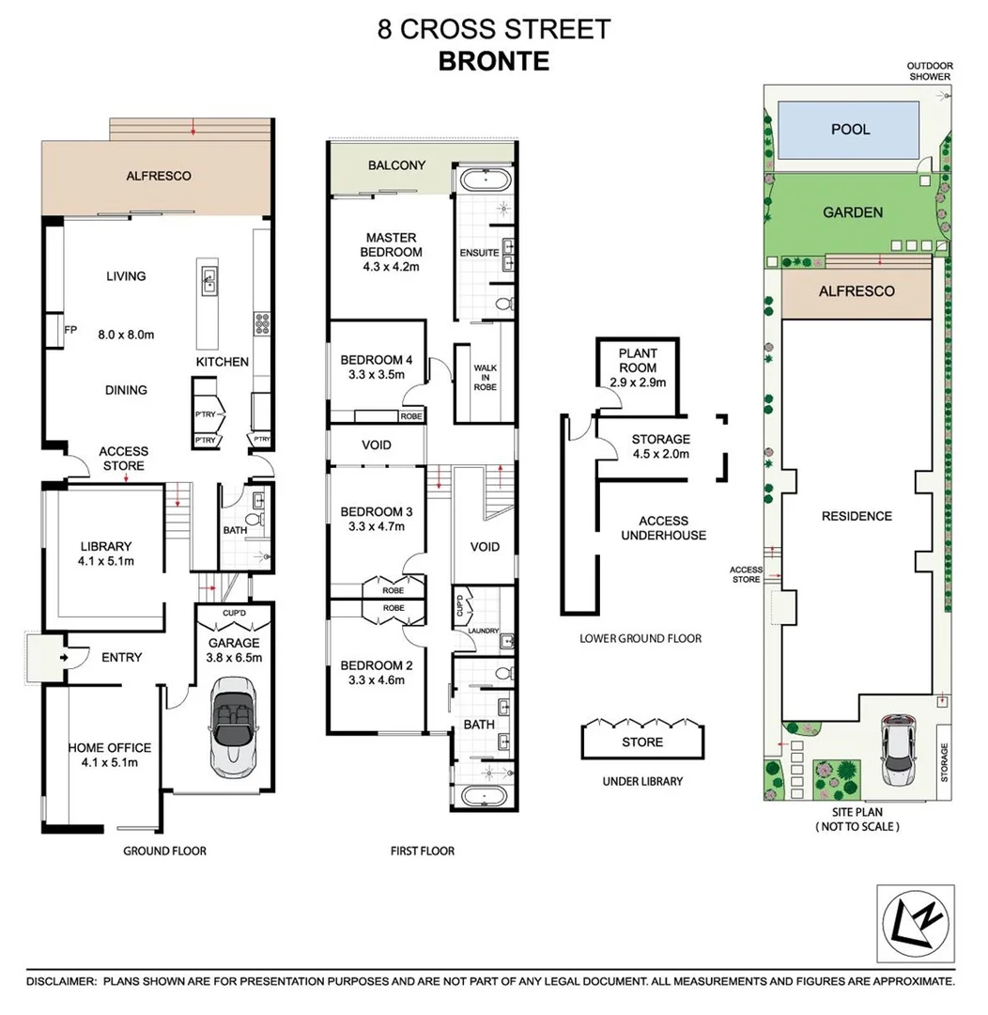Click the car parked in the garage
coord(234,724)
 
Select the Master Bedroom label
coord(392,245)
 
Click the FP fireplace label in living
coord(69,330)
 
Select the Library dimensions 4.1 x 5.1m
coord(105,562)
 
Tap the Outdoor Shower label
coord(929,71)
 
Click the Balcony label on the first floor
coord(396,165)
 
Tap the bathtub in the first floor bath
coord(483,796)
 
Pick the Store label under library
coord(642,742)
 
